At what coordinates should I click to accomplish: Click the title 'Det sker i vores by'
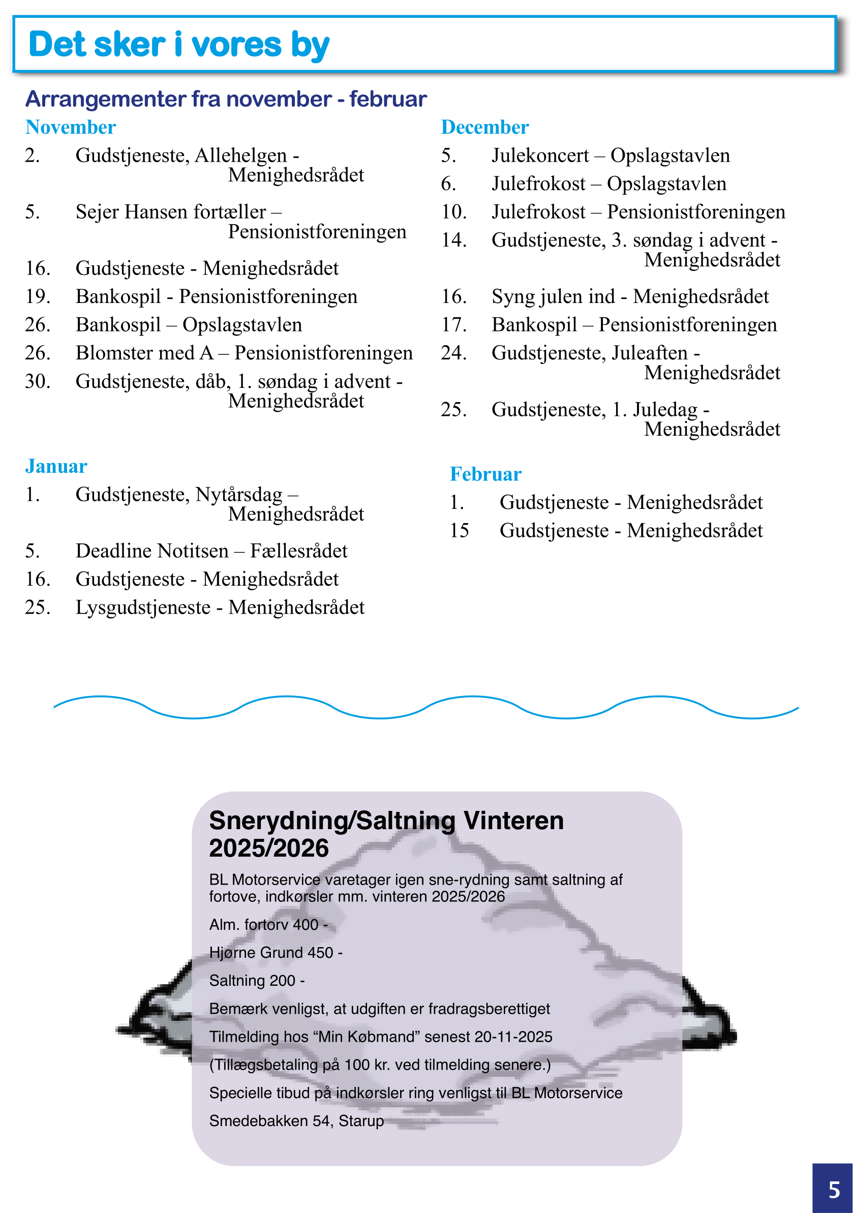tap(178, 44)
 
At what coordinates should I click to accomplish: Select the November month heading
tap(70, 127)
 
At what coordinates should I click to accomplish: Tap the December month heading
tap(484, 127)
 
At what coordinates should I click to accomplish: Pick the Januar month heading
tap(56, 467)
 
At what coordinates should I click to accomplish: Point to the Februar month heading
tap(485, 474)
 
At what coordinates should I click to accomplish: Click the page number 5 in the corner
tap(834, 1190)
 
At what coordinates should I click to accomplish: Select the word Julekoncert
tap(540, 156)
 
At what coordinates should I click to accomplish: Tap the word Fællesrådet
tap(299, 551)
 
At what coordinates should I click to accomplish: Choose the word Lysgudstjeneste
tap(143, 608)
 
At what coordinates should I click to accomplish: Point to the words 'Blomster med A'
tap(144, 353)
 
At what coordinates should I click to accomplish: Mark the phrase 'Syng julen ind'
tap(553, 297)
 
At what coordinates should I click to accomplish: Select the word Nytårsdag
tap(239, 495)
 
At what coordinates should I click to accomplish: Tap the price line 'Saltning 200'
tap(257, 981)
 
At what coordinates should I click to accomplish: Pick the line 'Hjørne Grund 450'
tap(275, 953)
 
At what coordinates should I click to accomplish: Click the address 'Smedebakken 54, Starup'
tap(296, 1120)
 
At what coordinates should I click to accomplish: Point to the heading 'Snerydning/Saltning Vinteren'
tap(386, 821)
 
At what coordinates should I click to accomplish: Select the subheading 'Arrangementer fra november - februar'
tap(226, 99)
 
